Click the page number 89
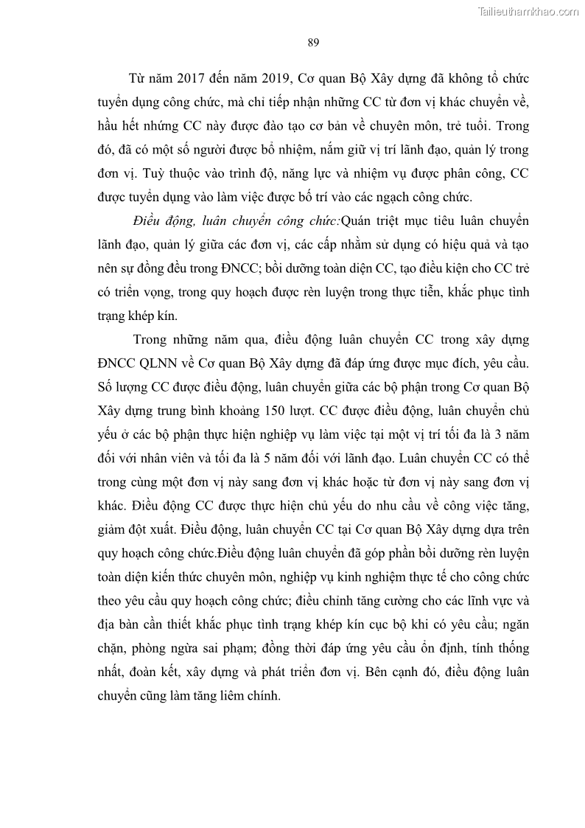312,42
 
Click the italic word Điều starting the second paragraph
149,221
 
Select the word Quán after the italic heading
360,221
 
